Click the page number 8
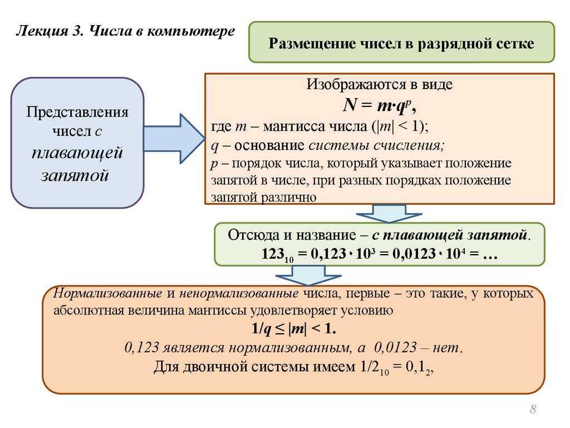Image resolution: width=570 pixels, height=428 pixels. point(533,411)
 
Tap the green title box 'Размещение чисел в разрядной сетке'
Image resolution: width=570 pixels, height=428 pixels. point(401,43)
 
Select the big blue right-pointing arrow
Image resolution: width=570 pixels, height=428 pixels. point(174,139)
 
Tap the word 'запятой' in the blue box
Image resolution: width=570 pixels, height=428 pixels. point(74,175)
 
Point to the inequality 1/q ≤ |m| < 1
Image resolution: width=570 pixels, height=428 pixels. point(293,329)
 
